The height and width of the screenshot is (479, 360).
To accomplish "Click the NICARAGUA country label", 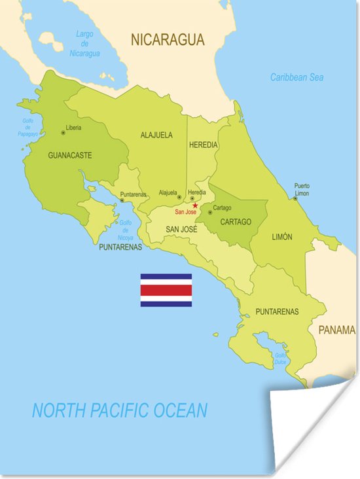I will (168, 40).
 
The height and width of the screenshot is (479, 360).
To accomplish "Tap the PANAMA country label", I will (336, 330).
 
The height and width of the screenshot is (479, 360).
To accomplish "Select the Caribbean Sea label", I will (297, 77).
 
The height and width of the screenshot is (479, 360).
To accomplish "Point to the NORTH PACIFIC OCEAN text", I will (120, 411).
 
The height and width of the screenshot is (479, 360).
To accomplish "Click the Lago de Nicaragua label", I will (84, 43).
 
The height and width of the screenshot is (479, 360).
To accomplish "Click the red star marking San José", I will (195, 205).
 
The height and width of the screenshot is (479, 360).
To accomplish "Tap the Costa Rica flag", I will (166, 290).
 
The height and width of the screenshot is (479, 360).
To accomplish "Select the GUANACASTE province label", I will (69, 156).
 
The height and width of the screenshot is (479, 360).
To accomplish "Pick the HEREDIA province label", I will (202, 145).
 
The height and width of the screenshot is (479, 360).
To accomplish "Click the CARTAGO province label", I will (235, 222).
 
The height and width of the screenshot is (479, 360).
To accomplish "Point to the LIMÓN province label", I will (281, 237).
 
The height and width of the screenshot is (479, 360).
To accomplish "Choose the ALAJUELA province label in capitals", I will (156, 135).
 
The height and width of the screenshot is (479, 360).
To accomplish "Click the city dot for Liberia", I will (63, 133).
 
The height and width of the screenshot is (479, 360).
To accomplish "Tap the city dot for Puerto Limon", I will (295, 198).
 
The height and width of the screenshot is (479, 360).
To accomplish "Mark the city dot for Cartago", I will (210, 212).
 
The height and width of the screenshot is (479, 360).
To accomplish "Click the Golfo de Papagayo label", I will (27, 127).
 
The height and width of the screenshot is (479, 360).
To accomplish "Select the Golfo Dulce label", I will (280, 359).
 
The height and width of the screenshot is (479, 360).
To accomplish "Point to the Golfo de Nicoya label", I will (126, 230).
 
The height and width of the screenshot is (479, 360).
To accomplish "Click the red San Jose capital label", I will (185, 212).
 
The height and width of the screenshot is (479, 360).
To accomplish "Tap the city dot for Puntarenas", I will (121, 200).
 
